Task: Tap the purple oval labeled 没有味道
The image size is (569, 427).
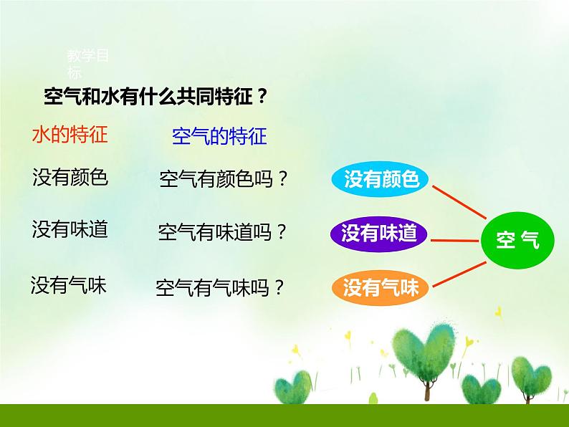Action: point(379,233)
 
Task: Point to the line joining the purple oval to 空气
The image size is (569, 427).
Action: point(456,240)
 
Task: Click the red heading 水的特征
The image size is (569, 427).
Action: point(70,135)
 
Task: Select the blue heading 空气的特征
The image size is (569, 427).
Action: point(219,136)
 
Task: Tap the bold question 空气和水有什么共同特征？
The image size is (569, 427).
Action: point(156,97)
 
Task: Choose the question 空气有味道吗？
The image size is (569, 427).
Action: point(223,233)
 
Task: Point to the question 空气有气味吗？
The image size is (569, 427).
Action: point(221,288)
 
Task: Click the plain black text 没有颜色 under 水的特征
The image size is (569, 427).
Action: point(70,177)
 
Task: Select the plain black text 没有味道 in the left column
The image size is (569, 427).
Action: point(70,229)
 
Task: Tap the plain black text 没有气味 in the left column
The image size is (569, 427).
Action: point(69,285)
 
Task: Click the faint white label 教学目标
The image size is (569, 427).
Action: point(87,63)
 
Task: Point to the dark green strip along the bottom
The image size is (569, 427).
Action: point(284,415)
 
